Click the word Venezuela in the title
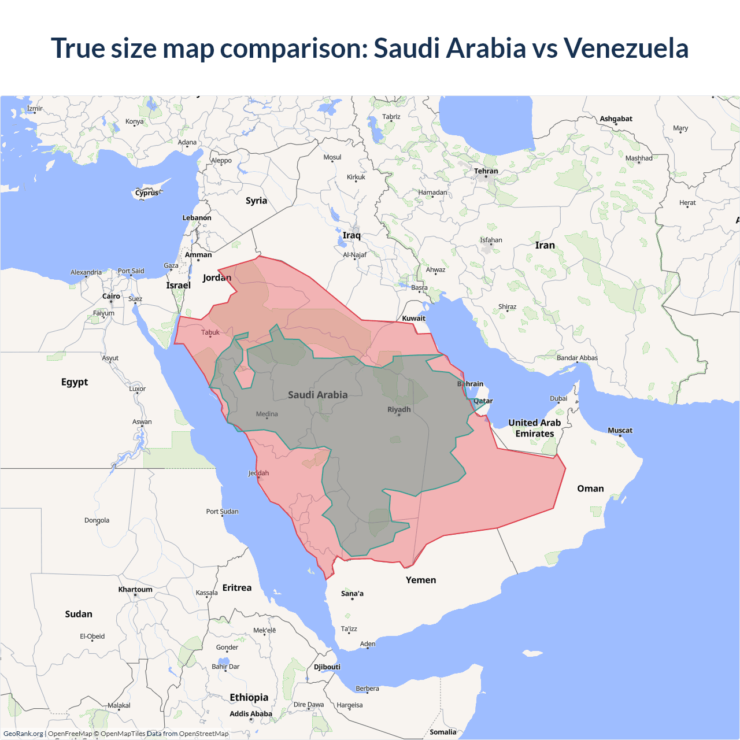[626, 48]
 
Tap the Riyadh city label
[399, 409]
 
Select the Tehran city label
[486, 171]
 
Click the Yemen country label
[421, 580]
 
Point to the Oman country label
[590, 489]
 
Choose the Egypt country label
[75, 382]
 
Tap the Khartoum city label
[135, 590]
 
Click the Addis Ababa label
[250, 714]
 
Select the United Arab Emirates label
[535, 428]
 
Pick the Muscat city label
[620, 430]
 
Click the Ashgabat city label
[616, 119]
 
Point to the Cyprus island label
[147, 193]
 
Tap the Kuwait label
[413, 319]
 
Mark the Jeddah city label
[258, 473]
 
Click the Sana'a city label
[352, 594]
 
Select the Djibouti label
[327, 667]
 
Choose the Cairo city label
[111, 297]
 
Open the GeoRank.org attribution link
[23, 734]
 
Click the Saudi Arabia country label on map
[317, 395]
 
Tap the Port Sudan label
[222, 512]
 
